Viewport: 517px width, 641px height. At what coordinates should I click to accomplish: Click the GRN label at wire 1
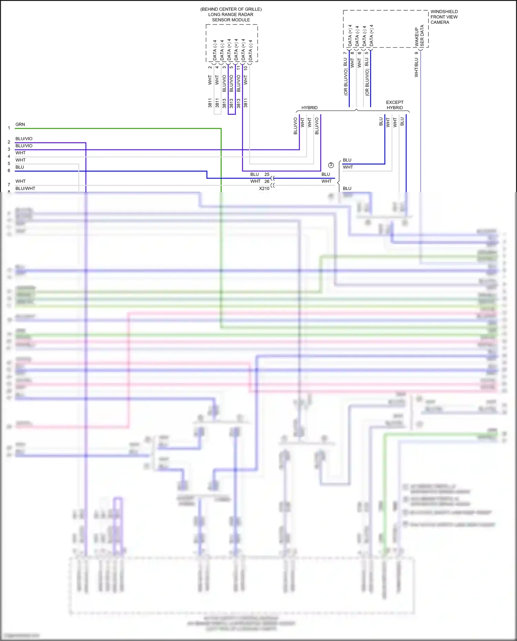(20, 124)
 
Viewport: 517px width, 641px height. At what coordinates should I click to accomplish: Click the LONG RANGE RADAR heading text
(231, 14)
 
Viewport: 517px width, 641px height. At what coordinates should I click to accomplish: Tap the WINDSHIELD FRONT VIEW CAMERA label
(444, 17)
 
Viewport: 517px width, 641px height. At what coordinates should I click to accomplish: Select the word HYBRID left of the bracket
(309, 108)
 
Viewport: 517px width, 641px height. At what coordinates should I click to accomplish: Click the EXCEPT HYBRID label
(395, 105)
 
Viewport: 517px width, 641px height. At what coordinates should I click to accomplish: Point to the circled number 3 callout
(331, 165)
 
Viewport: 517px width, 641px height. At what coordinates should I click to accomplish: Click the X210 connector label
(264, 188)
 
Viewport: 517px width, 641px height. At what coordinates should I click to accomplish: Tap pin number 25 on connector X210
(267, 174)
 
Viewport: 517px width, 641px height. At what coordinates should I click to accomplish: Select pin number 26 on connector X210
(267, 182)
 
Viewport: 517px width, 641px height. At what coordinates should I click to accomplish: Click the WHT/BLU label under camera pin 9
(416, 67)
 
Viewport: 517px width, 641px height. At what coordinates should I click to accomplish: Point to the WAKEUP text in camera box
(417, 37)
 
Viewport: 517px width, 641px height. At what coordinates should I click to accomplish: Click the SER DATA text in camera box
(422, 36)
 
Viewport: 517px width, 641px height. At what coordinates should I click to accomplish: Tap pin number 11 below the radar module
(238, 68)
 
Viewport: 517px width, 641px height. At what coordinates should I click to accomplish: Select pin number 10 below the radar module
(245, 68)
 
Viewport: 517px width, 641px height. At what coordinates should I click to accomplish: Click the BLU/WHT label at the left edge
(25, 188)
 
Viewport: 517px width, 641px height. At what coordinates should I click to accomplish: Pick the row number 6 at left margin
(9, 170)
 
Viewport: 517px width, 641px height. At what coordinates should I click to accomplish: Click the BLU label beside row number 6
(20, 167)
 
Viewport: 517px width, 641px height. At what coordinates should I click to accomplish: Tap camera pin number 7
(345, 53)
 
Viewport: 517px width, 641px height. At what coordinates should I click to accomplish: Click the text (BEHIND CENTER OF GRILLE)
(231, 9)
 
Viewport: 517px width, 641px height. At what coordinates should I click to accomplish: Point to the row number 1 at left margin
(9, 128)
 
